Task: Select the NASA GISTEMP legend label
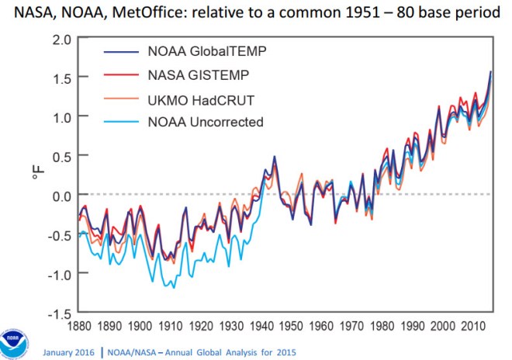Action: point(195,76)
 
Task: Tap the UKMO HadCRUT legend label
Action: point(198,99)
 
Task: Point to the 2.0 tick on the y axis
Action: point(63,39)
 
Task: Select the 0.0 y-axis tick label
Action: point(63,195)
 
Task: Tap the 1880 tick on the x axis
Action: point(78,327)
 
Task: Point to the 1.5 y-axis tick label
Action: point(63,78)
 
